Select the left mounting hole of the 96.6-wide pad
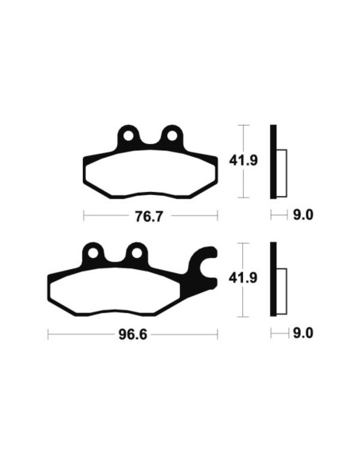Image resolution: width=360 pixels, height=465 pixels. pyautogui.click(x=96, y=255)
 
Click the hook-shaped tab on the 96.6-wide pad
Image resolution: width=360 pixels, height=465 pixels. pyautogui.click(x=205, y=263)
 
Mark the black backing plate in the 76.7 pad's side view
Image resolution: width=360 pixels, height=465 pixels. pyautogui.click(x=274, y=162)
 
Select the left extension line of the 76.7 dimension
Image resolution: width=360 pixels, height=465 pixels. pyautogui.click(x=84, y=216)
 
